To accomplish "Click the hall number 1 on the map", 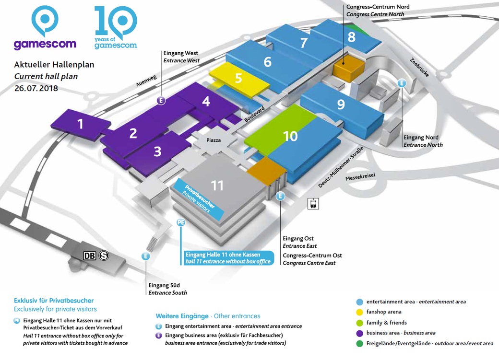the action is pos(80,124).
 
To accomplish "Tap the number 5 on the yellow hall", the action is pos(238,78).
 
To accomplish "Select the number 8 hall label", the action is pos(351,37).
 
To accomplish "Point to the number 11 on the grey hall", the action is pos(217,186).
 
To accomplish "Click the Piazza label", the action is pos(213,140).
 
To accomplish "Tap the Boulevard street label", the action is pos(255,114).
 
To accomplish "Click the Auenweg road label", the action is pos(146,81).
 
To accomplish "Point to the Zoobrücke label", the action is pos(419,68).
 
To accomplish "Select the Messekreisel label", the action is pos(360,177).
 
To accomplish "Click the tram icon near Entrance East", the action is pos(313,204).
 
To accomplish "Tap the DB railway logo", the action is pos(89,255).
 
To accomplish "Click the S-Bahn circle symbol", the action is pos(104,255).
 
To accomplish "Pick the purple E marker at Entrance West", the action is pos(161,101).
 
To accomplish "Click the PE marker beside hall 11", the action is pos(181,222).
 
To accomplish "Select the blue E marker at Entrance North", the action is pos(402,83).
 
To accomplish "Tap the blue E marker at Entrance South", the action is pos(145,256).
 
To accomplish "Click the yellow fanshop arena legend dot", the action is pos(359,312).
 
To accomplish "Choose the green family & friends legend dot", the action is pos(359,323).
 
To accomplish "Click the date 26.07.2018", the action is pos(36,88).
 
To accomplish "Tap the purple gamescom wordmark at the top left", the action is pos(45,44).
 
